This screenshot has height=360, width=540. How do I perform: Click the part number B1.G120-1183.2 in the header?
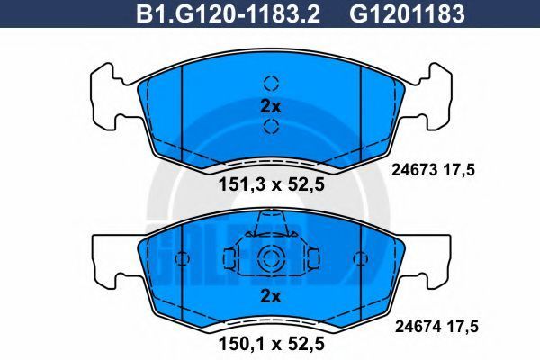click(x=229, y=14)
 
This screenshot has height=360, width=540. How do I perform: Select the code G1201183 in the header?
click(x=408, y=14)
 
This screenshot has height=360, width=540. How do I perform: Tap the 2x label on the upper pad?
click(x=270, y=107)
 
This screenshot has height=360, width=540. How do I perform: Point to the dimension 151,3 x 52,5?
click(x=272, y=185)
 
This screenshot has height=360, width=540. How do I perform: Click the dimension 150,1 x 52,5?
click(x=272, y=344)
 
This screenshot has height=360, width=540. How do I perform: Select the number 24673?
click(x=414, y=170)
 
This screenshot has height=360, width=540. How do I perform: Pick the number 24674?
click(x=418, y=326)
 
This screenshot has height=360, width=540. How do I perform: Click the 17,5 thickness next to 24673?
click(x=459, y=170)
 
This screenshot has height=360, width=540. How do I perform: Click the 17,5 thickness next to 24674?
click(x=463, y=327)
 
